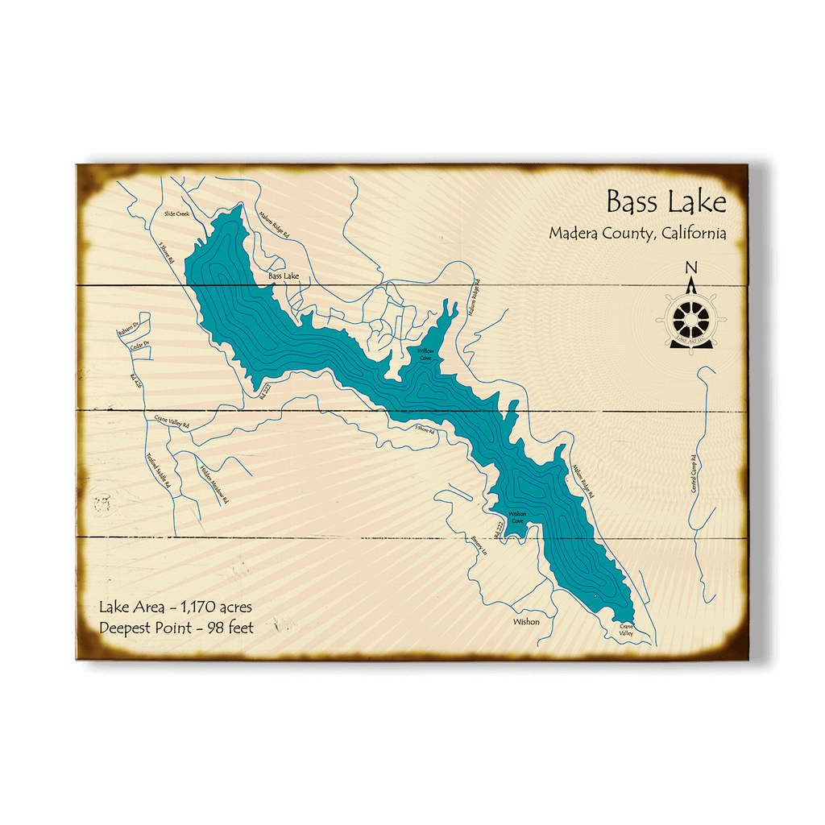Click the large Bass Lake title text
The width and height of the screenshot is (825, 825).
665,201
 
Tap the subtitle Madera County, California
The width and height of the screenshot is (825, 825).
637,234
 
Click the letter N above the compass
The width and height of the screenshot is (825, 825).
690,268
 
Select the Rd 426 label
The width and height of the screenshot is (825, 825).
136,381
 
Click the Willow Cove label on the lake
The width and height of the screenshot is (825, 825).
425,355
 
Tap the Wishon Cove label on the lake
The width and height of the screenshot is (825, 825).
517,517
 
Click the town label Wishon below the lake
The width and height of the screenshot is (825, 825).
526,621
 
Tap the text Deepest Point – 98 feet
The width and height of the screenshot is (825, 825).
176,627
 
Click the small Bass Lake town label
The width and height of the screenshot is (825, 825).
284,276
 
